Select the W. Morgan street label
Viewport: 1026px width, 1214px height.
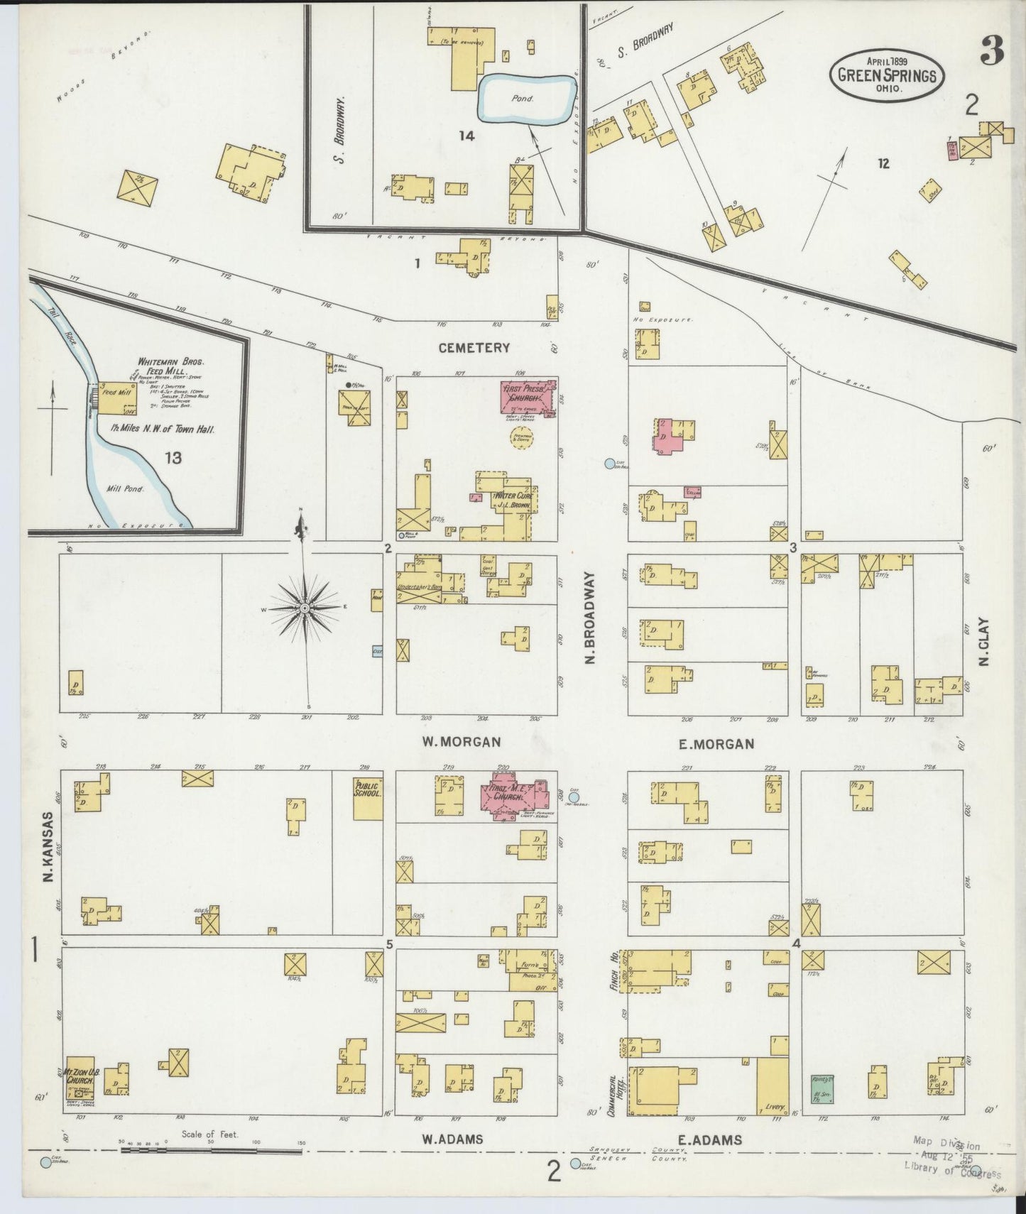coord(461,742)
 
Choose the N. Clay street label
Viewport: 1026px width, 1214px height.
coord(984,641)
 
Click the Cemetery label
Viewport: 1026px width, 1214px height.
coord(474,348)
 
